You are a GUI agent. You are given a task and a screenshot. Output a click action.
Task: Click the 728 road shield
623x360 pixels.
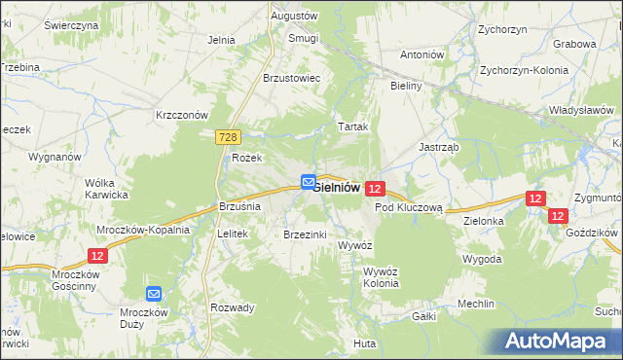[225, 140]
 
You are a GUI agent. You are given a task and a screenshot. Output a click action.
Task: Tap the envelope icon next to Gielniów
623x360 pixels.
[308, 182]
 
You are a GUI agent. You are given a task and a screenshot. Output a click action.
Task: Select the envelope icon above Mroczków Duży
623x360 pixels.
[154, 293]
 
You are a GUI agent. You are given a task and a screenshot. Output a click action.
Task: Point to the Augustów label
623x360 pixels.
[294, 17]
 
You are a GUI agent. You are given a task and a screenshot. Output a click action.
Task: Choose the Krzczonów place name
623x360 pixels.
[183, 114]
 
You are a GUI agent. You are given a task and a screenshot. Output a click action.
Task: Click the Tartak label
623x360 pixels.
[352, 127]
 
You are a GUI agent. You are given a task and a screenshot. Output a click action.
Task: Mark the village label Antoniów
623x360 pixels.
[421, 54]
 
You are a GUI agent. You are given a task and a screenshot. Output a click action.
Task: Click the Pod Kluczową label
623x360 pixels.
[409, 207]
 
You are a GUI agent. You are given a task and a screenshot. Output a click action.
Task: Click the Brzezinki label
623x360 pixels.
[305, 234]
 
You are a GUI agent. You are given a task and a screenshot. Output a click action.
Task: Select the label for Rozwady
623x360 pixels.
[233, 307]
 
